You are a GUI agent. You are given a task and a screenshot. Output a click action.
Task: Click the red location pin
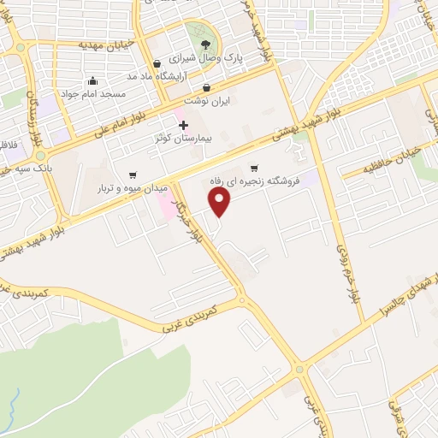click(221, 202)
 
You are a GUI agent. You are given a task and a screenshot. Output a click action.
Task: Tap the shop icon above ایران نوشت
click(207, 87)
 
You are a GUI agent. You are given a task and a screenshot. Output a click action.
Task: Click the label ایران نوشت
click(206, 100)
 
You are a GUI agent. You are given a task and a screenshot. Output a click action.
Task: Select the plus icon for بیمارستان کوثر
click(182, 125)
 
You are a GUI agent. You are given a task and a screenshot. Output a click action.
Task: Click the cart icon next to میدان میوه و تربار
click(131, 175)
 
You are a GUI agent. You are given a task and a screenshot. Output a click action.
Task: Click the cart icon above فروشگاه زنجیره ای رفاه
click(253, 168)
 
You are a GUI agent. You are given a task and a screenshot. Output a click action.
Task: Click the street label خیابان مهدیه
click(104, 44)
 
